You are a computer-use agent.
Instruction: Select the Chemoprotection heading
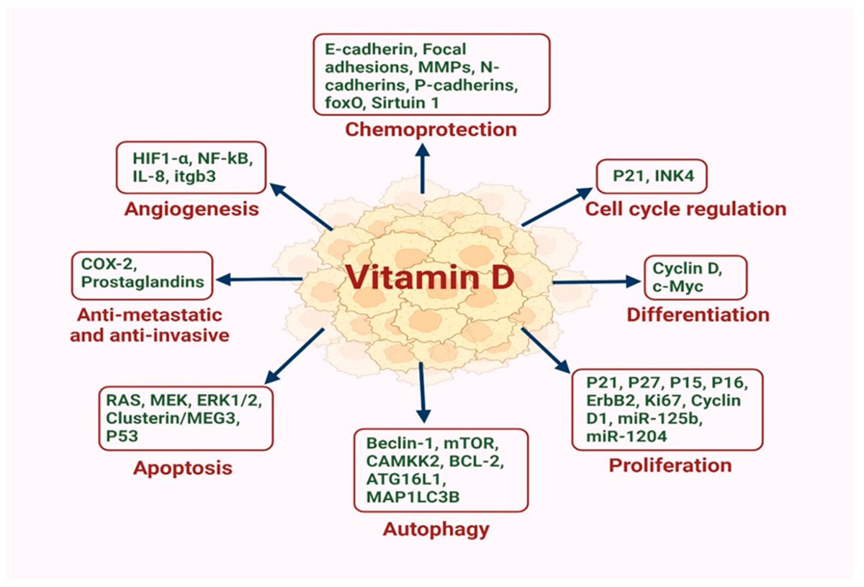point(430,130)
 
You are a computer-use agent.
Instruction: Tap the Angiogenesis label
point(191,210)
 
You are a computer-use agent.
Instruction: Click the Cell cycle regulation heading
point(685,210)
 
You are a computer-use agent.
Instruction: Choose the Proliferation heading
point(670,465)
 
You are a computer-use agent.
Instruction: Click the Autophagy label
point(436,529)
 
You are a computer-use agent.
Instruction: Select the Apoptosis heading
point(183,468)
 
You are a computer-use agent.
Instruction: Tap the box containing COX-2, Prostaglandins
point(143,274)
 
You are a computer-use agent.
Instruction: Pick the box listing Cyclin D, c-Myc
point(695,277)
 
